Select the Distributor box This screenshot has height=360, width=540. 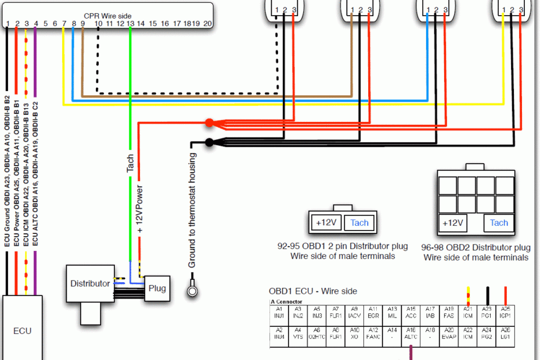pyautogui.click(x=90, y=284)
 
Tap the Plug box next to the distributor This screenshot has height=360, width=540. pyautogui.click(x=157, y=288)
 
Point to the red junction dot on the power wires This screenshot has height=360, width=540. pyautogui.click(x=209, y=123)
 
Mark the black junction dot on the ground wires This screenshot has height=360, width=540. pyautogui.click(x=209, y=142)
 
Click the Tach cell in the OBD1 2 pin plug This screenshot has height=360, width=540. pyautogui.click(x=359, y=222)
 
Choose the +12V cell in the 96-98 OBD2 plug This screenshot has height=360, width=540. pyautogui.click(x=452, y=223)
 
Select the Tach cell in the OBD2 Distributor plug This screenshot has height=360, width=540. pyautogui.click(x=499, y=223)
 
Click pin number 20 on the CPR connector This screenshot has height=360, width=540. pyautogui.click(x=208, y=24)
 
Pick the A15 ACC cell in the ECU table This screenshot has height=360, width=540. pyautogui.click(x=411, y=312)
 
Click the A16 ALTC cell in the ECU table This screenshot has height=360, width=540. pyautogui.click(x=411, y=333)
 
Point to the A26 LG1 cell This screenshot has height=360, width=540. pyautogui.click(x=505, y=333)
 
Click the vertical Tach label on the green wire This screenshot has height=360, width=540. pyautogui.click(x=130, y=163)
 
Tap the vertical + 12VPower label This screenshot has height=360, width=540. pyautogui.click(x=140, y=209)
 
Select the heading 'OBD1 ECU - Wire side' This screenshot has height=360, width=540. pyautogui.click(x=313, y=291)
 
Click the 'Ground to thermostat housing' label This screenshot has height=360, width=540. pyautogui.click(x=192, y=210)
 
